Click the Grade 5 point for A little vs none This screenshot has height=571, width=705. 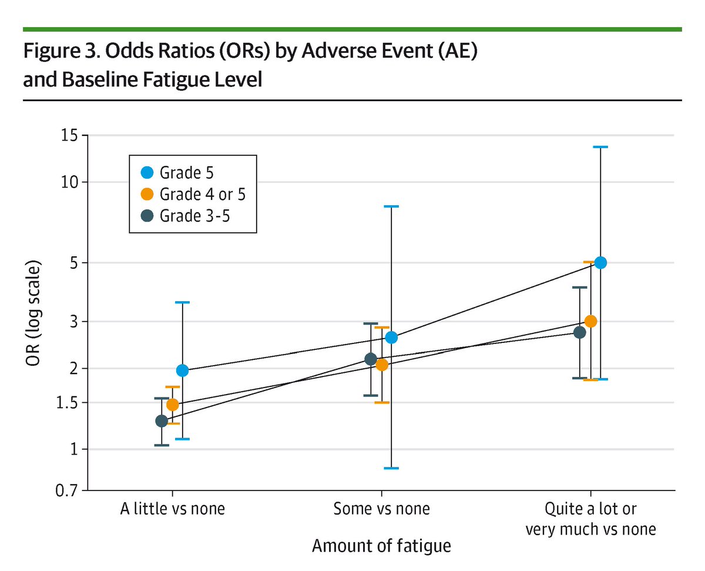pyautogui.click(x=182, y=370)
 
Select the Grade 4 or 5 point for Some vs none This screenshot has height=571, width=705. pyautogui.click(x=382, y=365)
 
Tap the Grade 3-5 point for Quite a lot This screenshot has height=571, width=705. pyautogui.click(x=580, y=332)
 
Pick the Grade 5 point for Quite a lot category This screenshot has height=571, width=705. pyautogui.click(x=600, y=263)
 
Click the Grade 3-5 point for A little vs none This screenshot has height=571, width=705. pyautogui.click(x=162, y=421)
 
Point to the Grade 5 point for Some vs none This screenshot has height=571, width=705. pyautogui.click(x=391, y=338)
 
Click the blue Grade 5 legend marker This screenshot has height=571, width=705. pyautogui.click(x=148, y=173)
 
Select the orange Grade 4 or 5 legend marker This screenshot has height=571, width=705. pyautogui.click(x=148, y=194)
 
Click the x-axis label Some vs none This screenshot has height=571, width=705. pyautogui.click(x=381, y=509)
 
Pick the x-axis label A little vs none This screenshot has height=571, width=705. pyautogui.click(x=172, y=509)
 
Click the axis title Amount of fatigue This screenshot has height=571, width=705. pyautogui.click(x=381, y=546)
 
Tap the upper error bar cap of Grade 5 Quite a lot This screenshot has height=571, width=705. pyautogui.click(x=600, y=147)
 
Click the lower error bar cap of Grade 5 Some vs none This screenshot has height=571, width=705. pyautogui.click(x=391, y=468)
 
